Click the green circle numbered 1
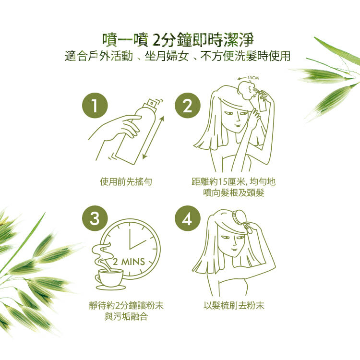tap(95, 106)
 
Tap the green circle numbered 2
tap(188, 106)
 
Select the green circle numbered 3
tap(95, 218)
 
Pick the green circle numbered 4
tap(188, 218)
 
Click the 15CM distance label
tap(253, 78)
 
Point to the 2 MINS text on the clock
tap(129, 262)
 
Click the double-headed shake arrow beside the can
tap(153, 138)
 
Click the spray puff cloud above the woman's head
tap(246, 90)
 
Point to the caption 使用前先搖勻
tap(126, 181)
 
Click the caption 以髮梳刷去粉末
tap(234, 305)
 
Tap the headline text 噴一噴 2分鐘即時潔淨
tap(178, 40)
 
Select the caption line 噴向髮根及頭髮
tap(234, 192)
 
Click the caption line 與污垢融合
tap(126, 317)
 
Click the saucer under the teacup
tap(111, 288)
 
